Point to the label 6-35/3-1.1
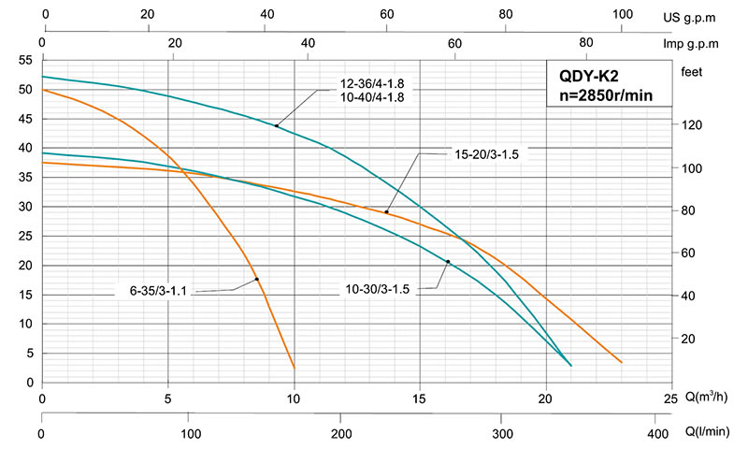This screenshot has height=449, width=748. [159, 291]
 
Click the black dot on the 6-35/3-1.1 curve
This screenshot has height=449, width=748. [256, 279]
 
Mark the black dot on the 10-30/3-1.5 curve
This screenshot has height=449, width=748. [448, 262]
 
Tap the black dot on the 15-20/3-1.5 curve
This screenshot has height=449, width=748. [386, 212]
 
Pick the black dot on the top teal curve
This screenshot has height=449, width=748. [277, 125]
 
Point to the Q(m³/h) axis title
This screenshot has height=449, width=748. [711, 398]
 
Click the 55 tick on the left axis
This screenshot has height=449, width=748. [25, 60]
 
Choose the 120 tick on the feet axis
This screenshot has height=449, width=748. [690, 125]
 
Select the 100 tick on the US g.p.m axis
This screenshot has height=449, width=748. [622, 15]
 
